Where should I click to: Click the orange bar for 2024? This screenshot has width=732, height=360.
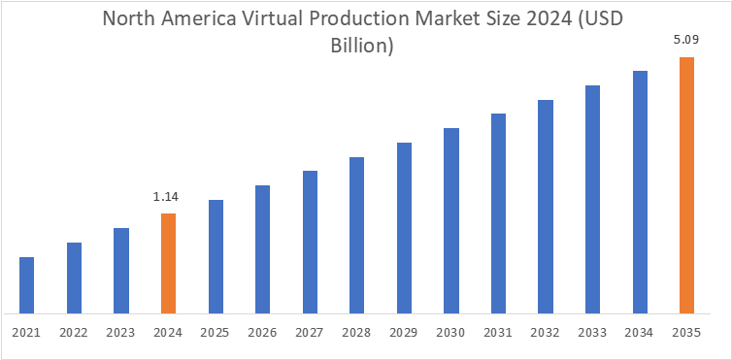tap(168, 263)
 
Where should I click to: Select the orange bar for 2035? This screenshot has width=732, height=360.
tap(686, 185)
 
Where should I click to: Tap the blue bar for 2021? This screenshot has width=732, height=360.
tap(26, 285)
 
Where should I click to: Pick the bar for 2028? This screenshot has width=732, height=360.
tap(356, 235)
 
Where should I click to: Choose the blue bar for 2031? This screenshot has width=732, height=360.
tap(498, 213)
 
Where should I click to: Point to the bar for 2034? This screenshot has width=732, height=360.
tap(640, 192)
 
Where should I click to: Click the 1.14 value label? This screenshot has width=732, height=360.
tap(167, 198)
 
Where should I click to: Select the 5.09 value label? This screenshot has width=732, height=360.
tap(686, 42)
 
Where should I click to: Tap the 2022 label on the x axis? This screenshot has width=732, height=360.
tap(74, 332)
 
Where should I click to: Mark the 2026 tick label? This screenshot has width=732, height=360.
tap(262, 332)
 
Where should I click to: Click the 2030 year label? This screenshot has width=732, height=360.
tap(450, 332)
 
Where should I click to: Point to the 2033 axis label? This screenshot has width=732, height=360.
tap(592, 332)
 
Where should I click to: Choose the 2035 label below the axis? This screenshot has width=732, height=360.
tap(686, 332)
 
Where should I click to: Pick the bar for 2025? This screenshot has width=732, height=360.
tap(216, 256)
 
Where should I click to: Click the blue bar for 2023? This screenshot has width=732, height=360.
tap(121, 271)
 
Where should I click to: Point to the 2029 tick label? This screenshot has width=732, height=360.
tap(404, 332)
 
